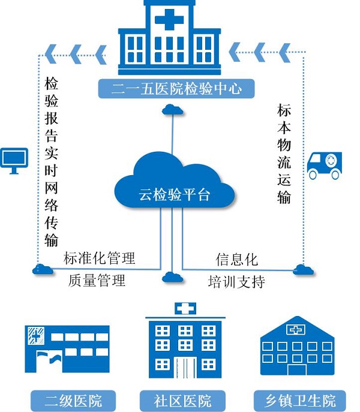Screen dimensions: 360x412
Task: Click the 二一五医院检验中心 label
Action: [x=176, y=89]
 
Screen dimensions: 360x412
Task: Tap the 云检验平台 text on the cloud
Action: [x=175, y=195]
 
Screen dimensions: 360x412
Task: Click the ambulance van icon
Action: [x=325, y=166]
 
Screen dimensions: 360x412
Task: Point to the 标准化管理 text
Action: [x=100, y=258]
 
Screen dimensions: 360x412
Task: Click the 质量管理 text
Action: [x=97, y=280]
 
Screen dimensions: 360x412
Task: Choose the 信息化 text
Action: [x=236, y=260]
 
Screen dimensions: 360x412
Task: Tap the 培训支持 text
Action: [x=236, y=282]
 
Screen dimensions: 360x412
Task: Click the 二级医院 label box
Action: [x=73, y=401]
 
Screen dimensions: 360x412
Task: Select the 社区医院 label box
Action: [x=182, y=401]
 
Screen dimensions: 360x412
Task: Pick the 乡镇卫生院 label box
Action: [x=300, y=401]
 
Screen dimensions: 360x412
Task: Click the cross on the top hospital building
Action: [x=169, y=19]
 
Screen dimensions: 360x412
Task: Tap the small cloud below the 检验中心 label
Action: [x=173, y=110]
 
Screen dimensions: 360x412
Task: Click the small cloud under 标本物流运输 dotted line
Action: [x=303, y=270]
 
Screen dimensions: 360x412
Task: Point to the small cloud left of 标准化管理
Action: [x=43, y=269]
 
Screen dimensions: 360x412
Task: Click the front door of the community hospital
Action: [x=185, y=368]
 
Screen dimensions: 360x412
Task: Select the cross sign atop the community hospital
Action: [x=185, y=308]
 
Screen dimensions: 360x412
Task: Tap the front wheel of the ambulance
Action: [x=313, y=175]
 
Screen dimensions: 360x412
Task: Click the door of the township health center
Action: [x=297, y=369]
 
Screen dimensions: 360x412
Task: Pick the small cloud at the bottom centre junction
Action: [x=173, y=277]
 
